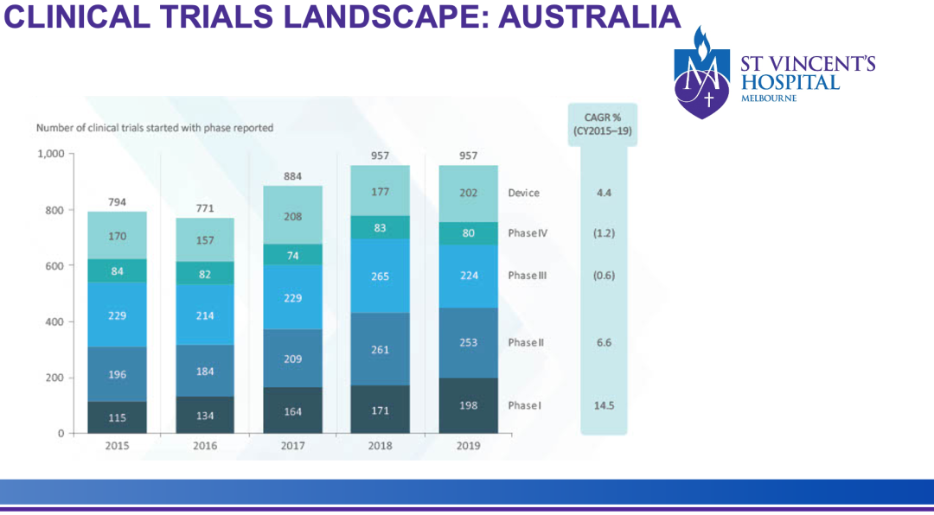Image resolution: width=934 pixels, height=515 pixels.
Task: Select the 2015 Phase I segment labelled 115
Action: coord(117,417)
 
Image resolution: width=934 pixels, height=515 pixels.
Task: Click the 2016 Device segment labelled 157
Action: coord(205,239)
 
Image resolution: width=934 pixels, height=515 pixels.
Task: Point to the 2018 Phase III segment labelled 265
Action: coord(380,277)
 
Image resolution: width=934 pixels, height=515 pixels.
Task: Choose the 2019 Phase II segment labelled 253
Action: coord(468,343)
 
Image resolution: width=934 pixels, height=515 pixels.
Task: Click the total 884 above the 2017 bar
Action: coord(292,176)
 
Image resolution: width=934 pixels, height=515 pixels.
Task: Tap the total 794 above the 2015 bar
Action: coord(117,202)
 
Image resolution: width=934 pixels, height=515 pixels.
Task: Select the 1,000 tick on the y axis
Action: coord(51,154)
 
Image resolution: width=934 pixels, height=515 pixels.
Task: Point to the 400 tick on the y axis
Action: coord(55,321)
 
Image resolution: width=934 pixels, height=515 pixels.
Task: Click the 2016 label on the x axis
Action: coord(205,446)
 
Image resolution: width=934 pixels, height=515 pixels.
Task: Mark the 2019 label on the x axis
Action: coord(468,446)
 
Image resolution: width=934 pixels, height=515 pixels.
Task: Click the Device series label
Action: coord(523,193)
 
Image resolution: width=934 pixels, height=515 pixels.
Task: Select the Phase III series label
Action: coord(528,277)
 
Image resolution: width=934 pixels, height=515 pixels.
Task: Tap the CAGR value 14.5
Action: coord(604,405)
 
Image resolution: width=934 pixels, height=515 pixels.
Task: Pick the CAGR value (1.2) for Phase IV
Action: coord(604,233)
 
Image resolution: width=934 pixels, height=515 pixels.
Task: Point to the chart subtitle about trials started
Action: coord(154,128)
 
